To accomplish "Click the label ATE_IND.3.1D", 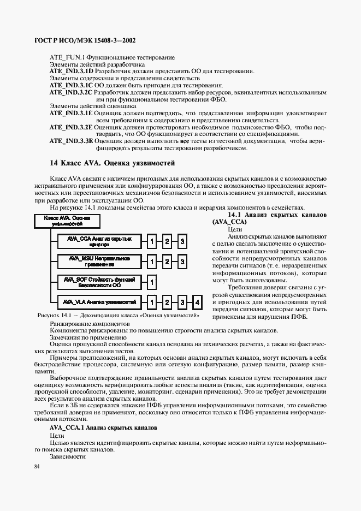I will pos(71,71).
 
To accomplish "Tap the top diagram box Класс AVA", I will pos(67,221).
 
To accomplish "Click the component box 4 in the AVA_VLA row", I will pos(197,301).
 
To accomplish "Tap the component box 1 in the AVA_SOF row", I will pos(152,282).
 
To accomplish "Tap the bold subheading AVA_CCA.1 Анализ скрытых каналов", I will pos(103,428).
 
